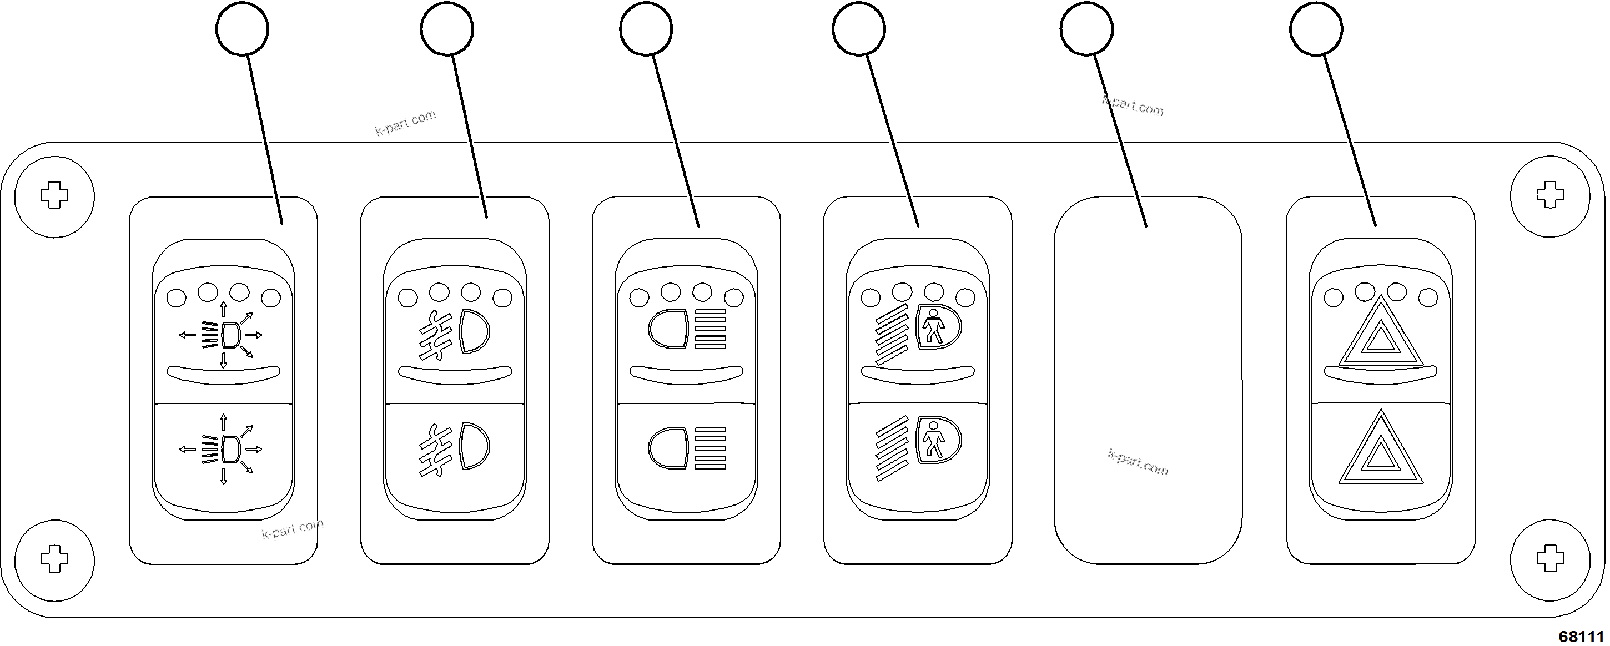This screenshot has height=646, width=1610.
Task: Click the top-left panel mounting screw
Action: (54, 196)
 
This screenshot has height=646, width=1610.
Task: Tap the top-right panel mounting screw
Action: (1550, 196)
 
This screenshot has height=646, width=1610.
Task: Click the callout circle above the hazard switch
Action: (1316, 29)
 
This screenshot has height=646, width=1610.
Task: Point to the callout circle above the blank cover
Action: (1087, 29)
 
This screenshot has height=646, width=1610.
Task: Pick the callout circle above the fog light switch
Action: (447, 29)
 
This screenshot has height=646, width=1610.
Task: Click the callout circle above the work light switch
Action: (242, 29)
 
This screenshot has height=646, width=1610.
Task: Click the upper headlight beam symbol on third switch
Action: (687, 329)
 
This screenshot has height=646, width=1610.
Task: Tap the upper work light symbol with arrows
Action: (223, 335)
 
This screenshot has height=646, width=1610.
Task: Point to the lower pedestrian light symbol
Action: (918, 448)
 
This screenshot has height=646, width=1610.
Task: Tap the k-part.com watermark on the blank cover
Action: (1138, 463)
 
